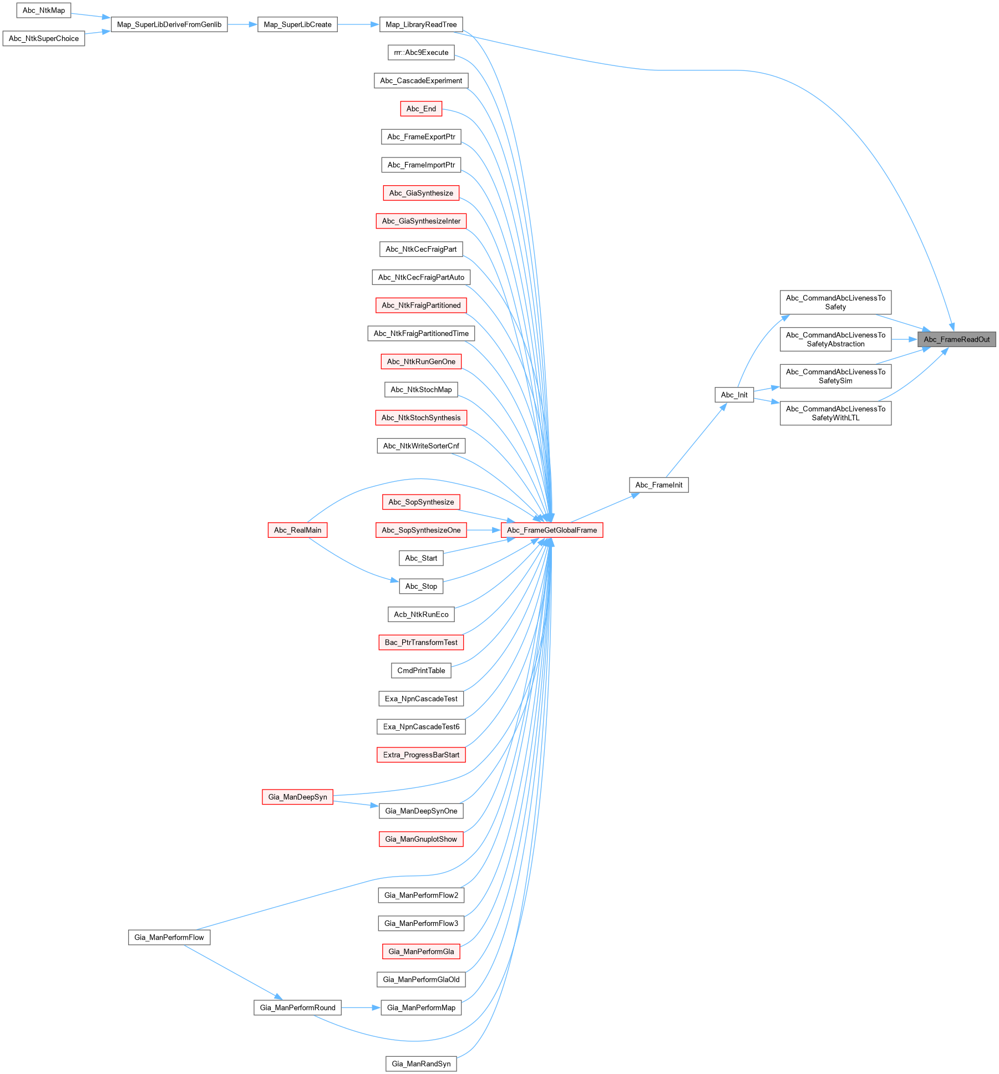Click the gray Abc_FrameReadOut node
[x=956, y=339]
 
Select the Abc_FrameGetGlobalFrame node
[x=551, y=530]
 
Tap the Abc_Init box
[x=734, y=395]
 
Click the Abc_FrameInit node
[x=658, y=485]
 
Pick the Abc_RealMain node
[x=297, y=530]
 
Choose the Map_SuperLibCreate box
[x=297, y=24]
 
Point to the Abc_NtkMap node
[x=44, y=11]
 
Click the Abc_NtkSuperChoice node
[x=44, y=38]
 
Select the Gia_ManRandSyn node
[x=421, y=1063]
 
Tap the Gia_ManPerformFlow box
[x=169, y=937]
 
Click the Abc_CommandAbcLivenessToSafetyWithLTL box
[x=835, y=413]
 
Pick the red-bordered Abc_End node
[x=421, y=109]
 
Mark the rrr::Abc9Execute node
[x=421, y=53]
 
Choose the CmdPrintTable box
[x=421, y=670]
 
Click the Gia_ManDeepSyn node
[x=297, y=797]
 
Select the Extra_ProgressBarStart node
[x=421, y=755]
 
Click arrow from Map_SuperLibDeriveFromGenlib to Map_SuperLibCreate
[x=242, y=24]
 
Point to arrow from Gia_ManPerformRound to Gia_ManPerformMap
[x=361, y=1007]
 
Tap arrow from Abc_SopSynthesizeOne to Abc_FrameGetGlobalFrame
[x=483, y=530]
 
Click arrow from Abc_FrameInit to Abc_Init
[x=696, y=440]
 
